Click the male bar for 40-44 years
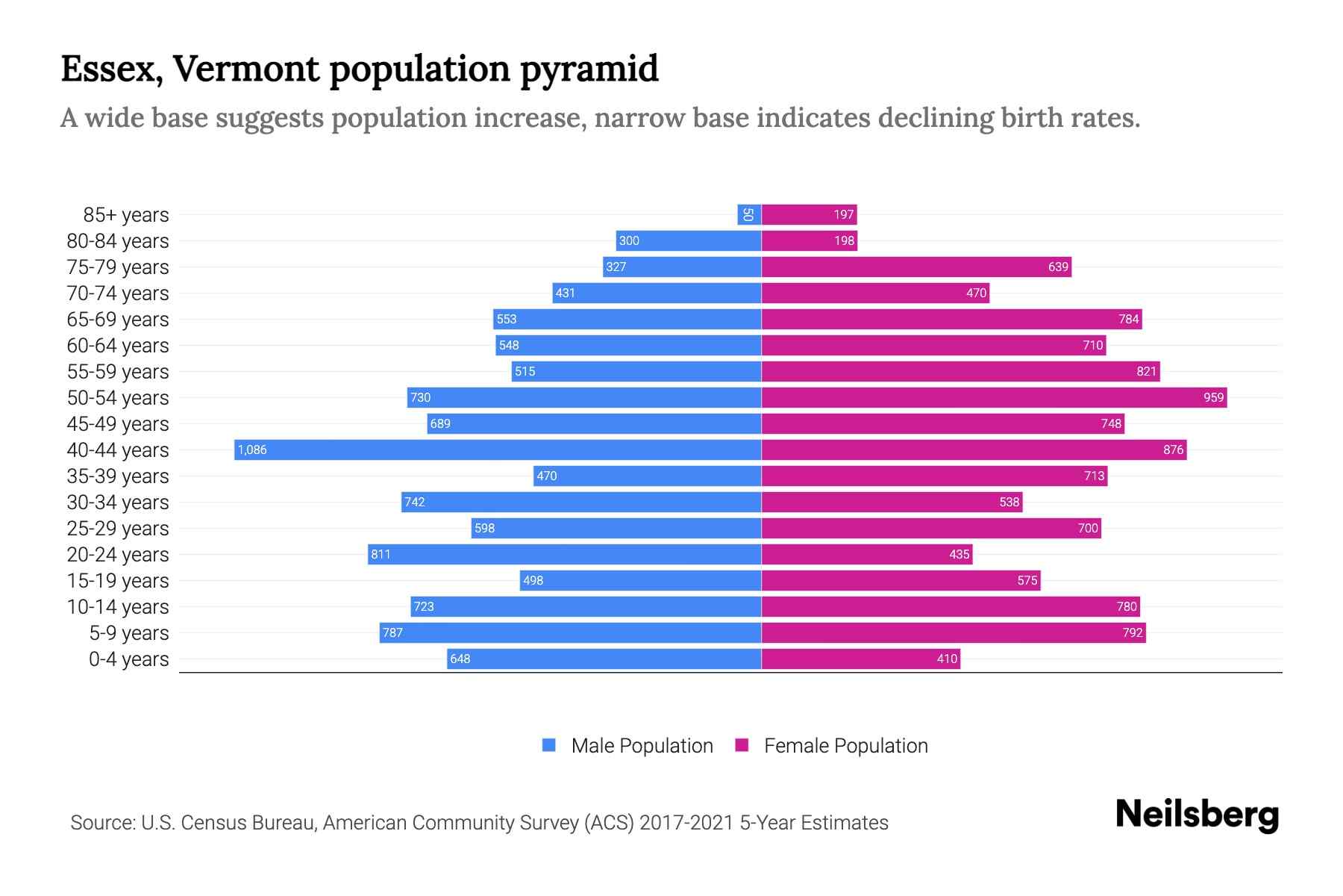498,449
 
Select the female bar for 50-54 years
994,397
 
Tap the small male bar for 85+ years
749,214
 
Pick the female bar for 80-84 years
809,240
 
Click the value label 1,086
252,449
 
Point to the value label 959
1213,397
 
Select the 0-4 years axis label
128,659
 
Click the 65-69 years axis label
118,319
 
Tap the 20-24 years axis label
118,554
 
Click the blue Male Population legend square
549,745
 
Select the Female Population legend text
845,745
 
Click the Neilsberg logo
1197,815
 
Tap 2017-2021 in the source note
686,822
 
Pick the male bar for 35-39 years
647,476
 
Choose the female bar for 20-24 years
866,554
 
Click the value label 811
381,554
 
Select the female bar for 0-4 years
860,659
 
